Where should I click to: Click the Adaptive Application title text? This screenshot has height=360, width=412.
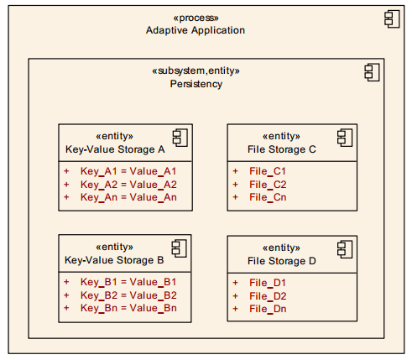[195, 30]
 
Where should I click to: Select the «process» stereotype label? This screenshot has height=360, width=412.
[195, 17]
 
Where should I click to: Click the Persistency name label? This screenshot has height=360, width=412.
[196, 84]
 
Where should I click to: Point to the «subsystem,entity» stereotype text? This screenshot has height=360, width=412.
[196, 71]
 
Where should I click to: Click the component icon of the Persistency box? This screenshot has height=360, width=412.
[372, 72]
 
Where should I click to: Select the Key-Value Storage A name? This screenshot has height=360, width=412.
[116, 150]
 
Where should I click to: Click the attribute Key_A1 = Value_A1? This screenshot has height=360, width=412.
[128, 170]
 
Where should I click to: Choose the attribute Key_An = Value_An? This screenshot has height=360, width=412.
[128, 197]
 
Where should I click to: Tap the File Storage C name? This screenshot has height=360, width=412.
[284, 150]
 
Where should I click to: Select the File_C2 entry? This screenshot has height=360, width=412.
[268, 184]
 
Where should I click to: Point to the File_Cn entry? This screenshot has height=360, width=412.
[268, 197]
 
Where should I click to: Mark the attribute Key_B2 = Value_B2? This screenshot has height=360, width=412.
[128, 295]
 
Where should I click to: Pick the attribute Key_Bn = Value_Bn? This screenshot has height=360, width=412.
[128, 308]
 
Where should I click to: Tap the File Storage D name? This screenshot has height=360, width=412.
[284, 261]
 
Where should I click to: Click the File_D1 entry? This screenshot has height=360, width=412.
[268, 282]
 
